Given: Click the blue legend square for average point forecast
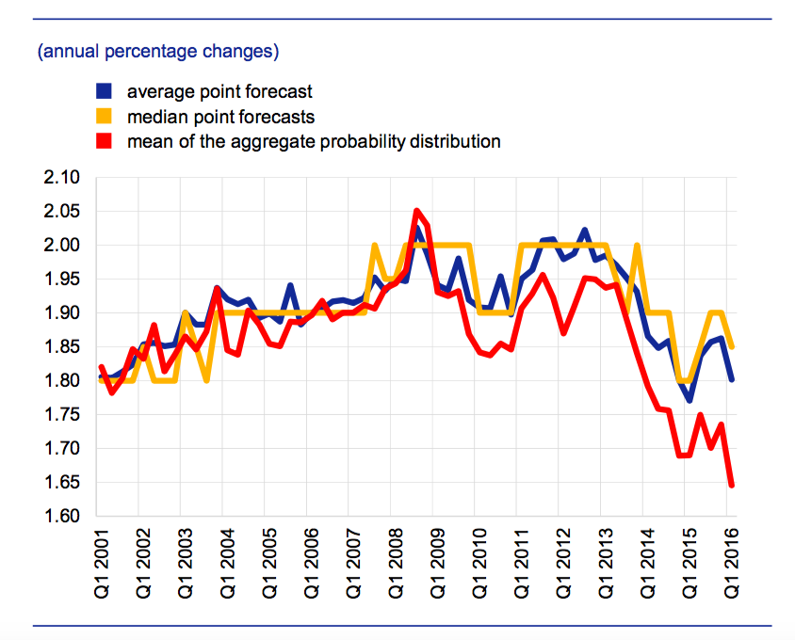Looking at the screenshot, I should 104,91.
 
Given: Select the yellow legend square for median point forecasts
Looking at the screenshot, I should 104,117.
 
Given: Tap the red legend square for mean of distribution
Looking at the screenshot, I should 104,142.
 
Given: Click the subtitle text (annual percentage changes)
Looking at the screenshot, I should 157,51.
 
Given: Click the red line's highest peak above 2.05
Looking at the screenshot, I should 417,211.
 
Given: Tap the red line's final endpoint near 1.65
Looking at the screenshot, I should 731,485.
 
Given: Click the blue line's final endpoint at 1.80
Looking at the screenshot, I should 731,379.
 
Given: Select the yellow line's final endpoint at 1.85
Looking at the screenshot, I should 731,346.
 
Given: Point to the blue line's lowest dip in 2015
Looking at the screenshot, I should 690,400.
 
